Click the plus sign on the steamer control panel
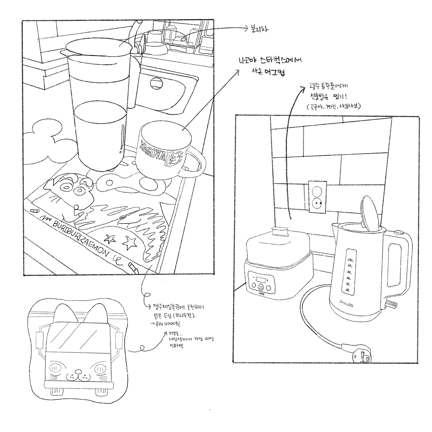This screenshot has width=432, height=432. click(268, 280)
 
